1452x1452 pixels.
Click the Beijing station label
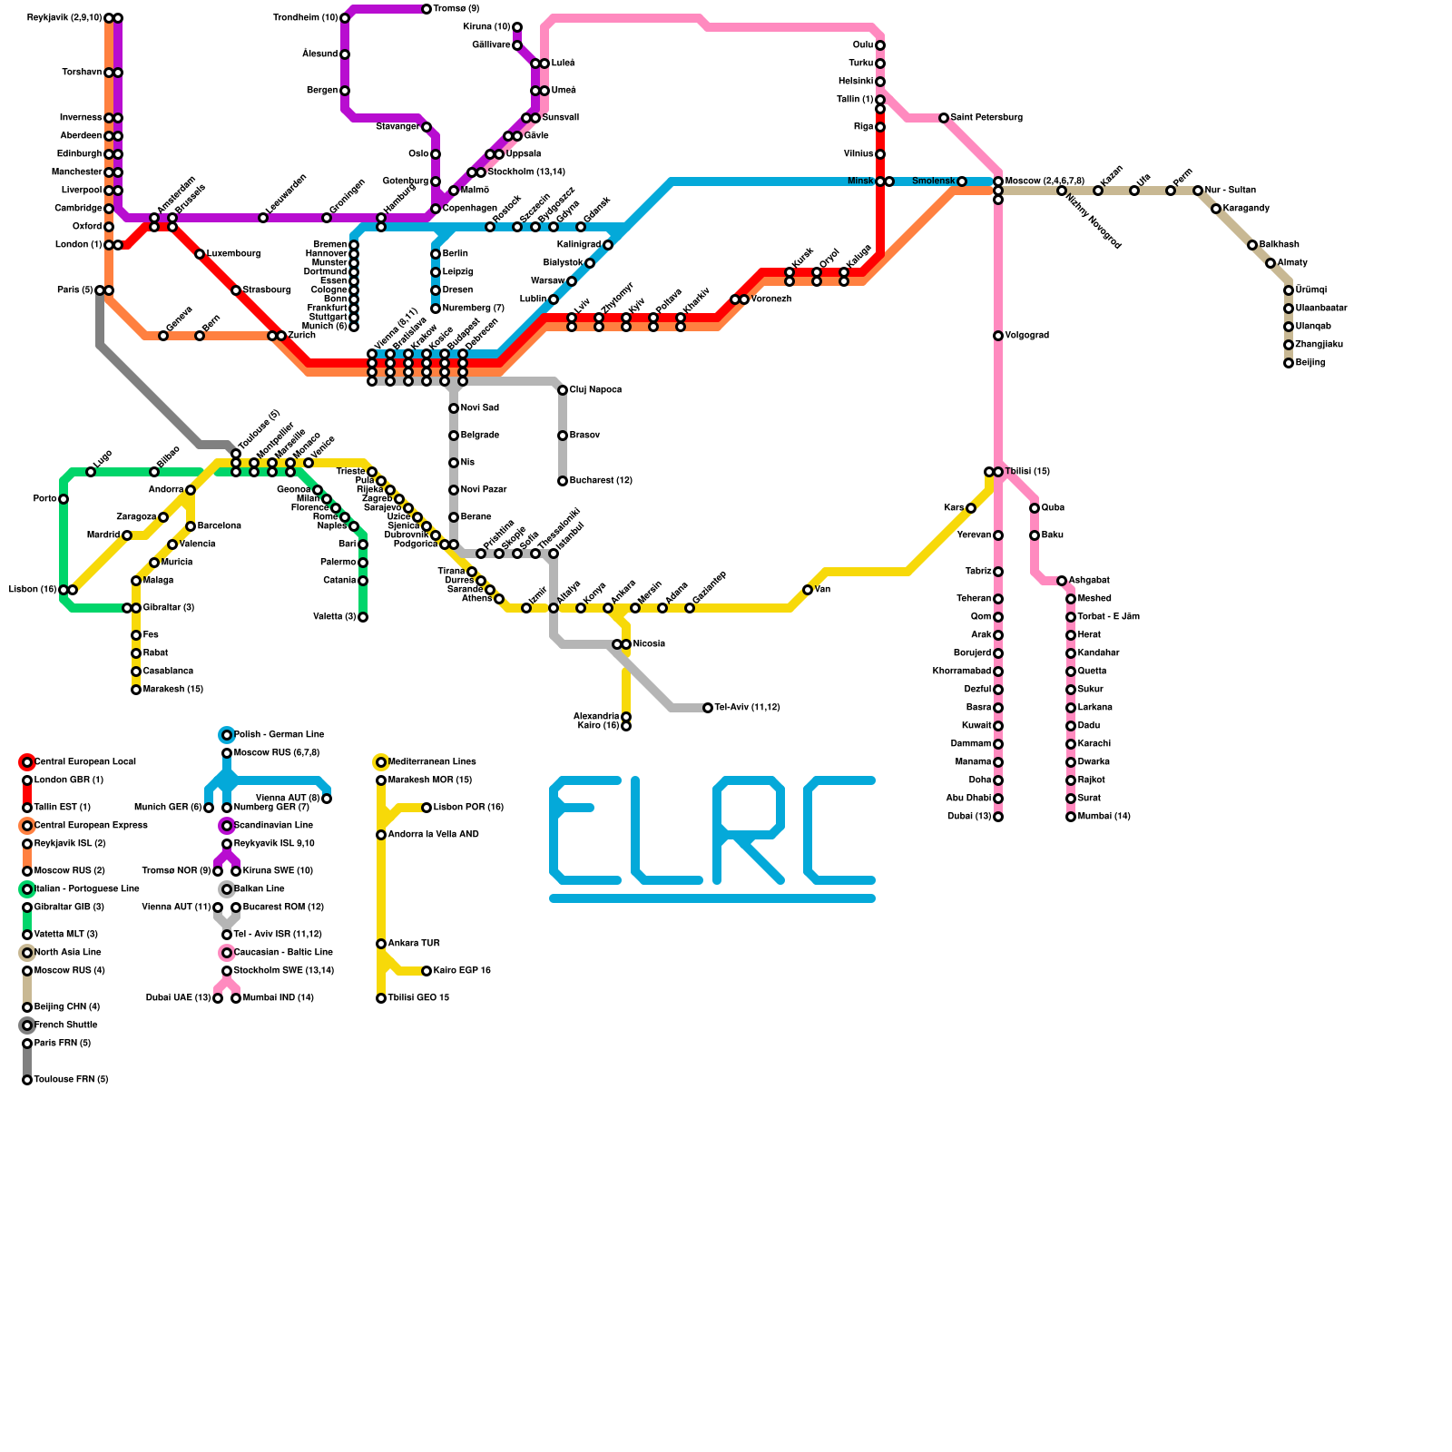(1310, 363)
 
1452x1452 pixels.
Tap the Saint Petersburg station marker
(944, 118)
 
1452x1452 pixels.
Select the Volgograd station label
(1026, 336)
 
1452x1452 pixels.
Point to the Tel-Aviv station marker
(708, 708)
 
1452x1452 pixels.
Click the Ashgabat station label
(1089, 581)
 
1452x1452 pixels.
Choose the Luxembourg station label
(233, 254)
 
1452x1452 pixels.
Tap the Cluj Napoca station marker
(563, 390)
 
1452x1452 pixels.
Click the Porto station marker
(64, 499)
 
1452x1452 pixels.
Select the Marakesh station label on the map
(172, 690)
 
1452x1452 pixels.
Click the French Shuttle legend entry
(65, 1025)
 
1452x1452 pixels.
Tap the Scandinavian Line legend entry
(273, 826)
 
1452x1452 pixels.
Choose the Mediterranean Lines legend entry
(432, 762)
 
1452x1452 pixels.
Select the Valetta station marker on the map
(363, 617)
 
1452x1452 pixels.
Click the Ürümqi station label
(1310, 290)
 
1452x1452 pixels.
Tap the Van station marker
(808, 590)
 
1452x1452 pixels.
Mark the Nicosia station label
(649, 644)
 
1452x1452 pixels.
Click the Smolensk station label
(933, 181)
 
